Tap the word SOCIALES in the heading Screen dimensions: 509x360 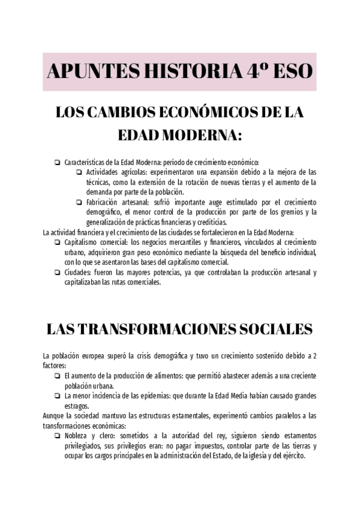(271, 329)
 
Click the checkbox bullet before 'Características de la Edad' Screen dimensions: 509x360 (56, 162)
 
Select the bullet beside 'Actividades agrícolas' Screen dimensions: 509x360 (79, 172)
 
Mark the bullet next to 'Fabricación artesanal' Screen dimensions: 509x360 (79, 202)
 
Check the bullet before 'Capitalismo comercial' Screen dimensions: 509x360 (56, 242)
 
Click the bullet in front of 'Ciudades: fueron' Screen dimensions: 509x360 (56, 273)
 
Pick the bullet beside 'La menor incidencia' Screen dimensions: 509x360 (56, 396)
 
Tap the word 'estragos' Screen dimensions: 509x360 (77, 406)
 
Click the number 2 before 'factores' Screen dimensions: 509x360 (316, 355)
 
